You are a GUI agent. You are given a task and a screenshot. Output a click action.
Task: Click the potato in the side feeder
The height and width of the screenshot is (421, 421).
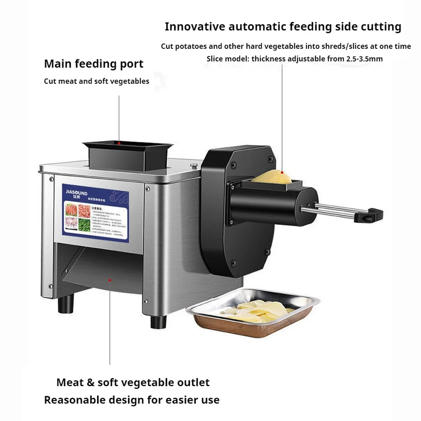pos(272,176)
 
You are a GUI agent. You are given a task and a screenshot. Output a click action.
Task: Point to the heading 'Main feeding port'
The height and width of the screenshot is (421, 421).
pos(94,64)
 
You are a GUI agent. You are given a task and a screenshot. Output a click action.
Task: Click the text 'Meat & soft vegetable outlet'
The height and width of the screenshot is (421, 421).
pos(133,382)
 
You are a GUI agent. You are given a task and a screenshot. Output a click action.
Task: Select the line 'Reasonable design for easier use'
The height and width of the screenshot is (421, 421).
pos(132,400)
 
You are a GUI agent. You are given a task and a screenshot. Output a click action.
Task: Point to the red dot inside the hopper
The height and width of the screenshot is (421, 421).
pos(119,143)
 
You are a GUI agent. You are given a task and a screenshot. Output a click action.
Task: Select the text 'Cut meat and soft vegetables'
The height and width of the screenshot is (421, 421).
pos(96,81)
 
